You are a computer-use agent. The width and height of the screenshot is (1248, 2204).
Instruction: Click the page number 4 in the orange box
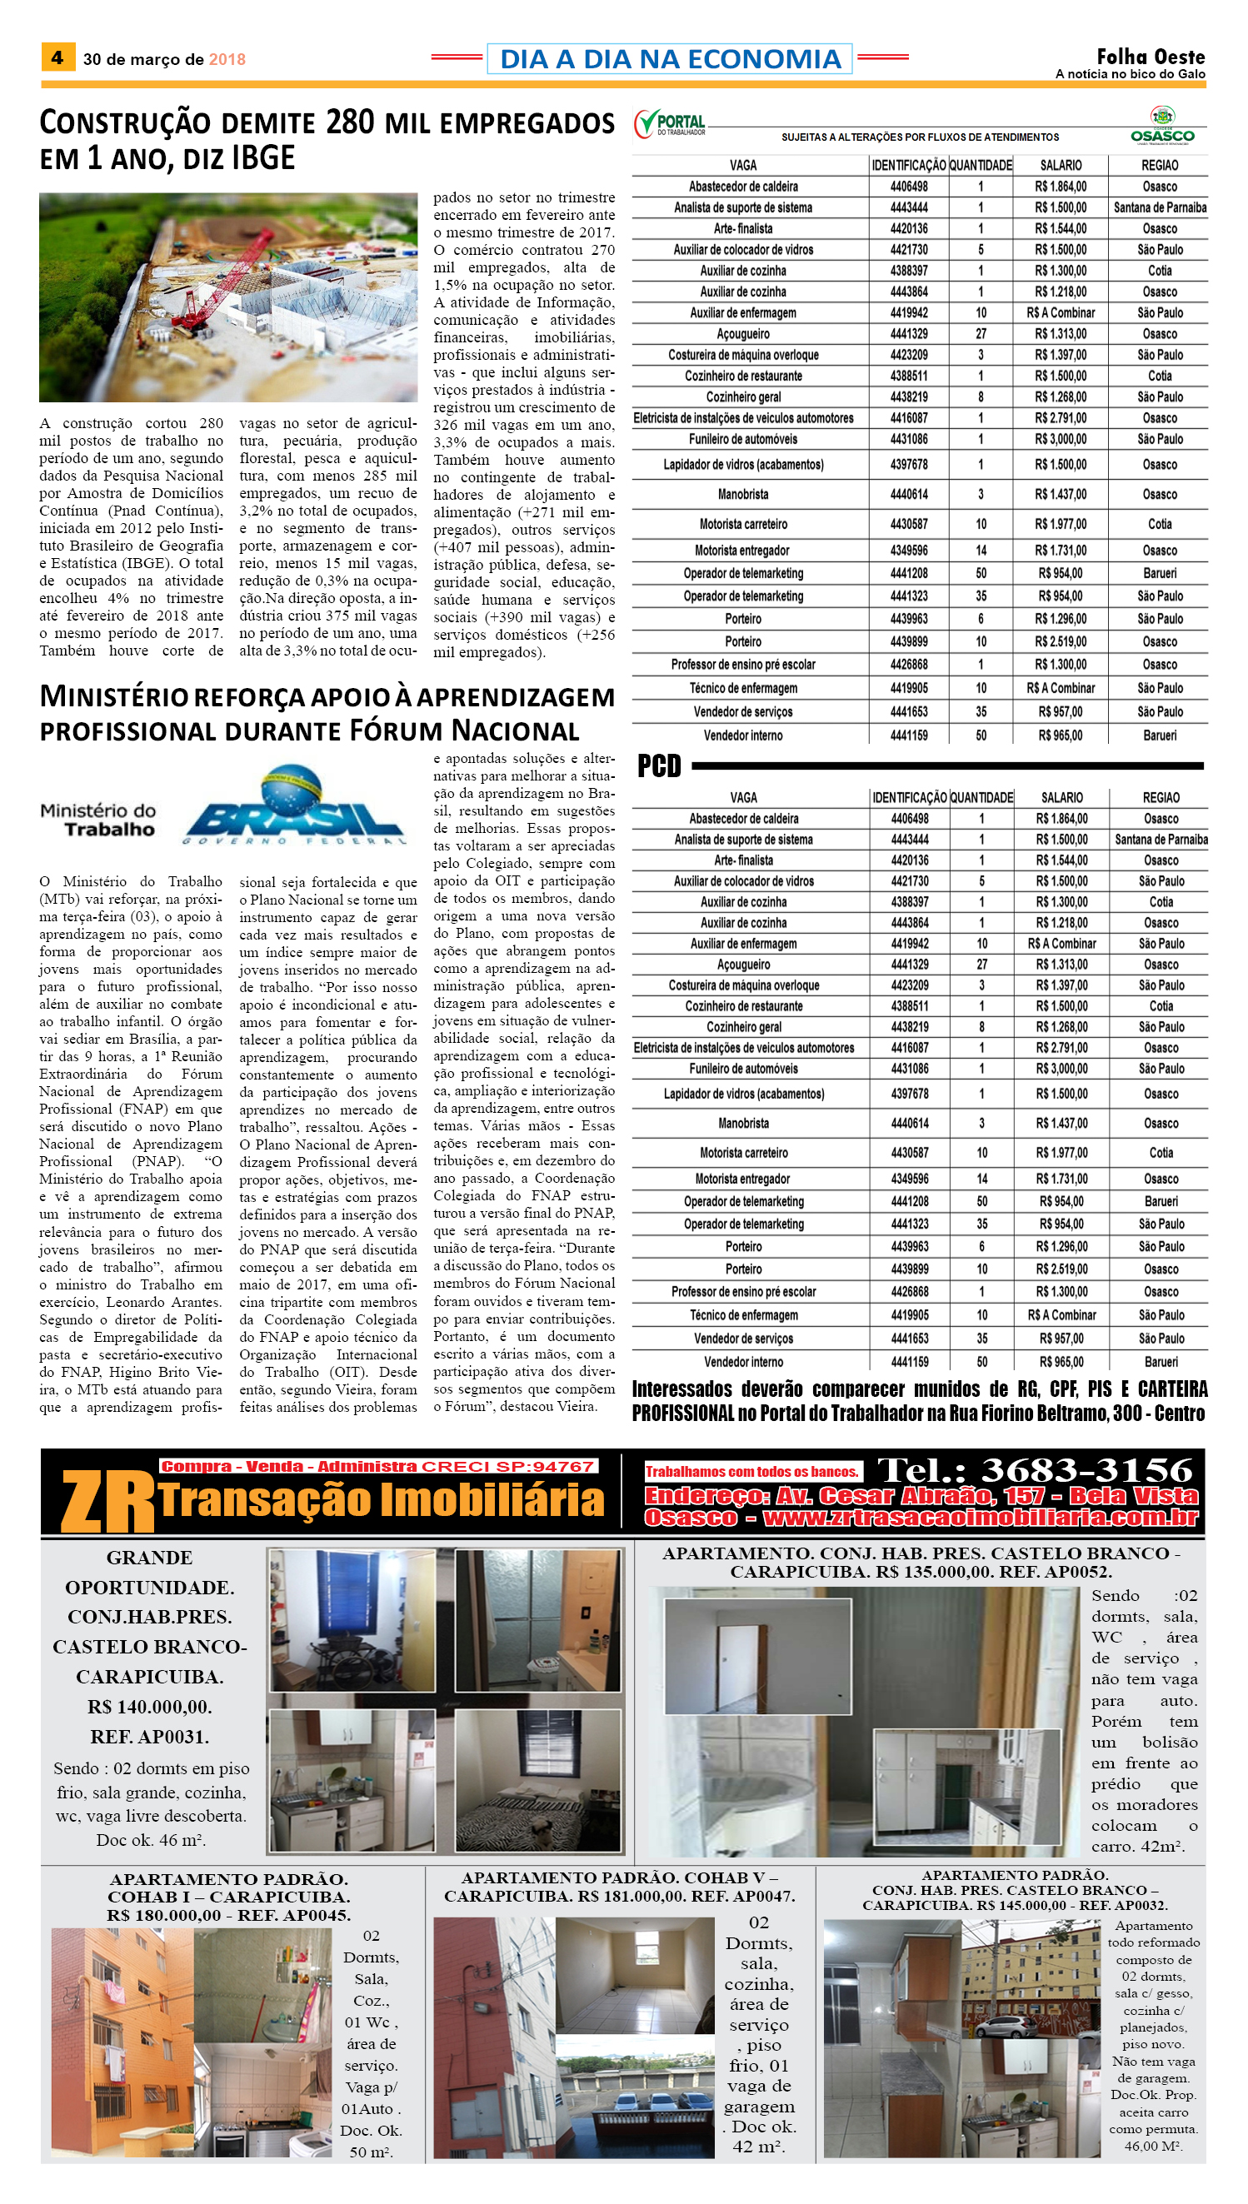tap(57, 58)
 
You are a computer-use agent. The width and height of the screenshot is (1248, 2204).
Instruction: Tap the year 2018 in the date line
tap(227, 60)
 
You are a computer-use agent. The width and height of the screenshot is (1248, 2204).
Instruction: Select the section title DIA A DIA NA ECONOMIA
tap(670, 59)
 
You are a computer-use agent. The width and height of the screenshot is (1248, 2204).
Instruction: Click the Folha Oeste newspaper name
tap(1151, 57)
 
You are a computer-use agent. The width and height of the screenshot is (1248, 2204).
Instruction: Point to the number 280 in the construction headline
tap(350, 122)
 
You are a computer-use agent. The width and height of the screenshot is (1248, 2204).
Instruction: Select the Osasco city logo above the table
tap(1161, 125)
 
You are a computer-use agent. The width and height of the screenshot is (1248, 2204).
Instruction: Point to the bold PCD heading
tap(658, 765)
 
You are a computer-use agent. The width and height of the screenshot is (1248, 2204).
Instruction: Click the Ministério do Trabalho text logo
tap(98, 820)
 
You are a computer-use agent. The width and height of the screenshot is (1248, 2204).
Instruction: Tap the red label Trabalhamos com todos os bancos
tap(751, 1471)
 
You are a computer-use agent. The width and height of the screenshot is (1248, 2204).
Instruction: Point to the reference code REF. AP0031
tap(149, 1737)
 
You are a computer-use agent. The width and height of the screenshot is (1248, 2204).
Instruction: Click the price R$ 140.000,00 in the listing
tap(149, 1706)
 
